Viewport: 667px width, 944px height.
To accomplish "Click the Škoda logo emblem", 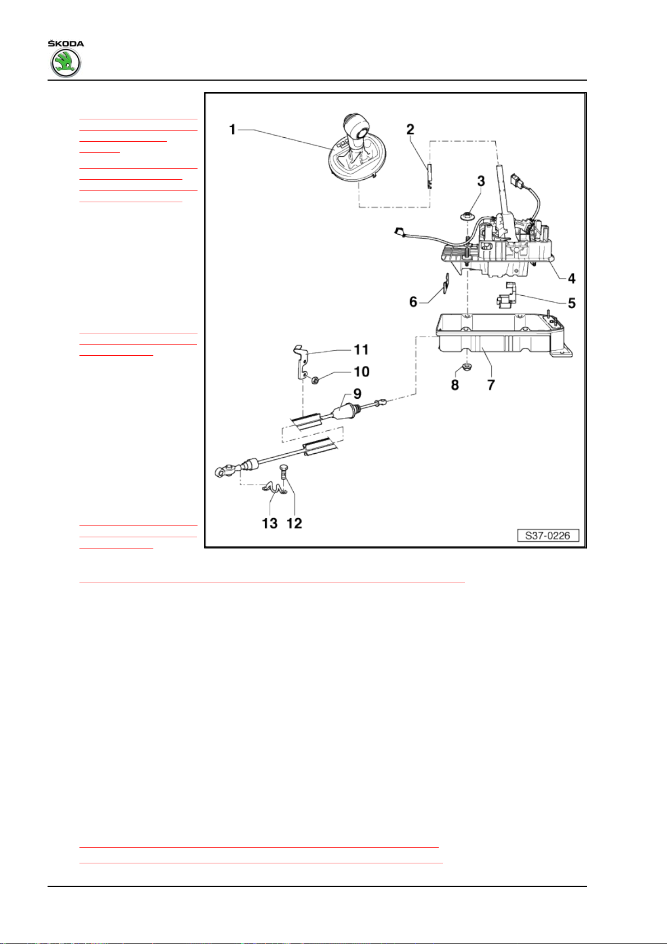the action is coord(66,63).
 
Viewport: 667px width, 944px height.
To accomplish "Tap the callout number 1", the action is coord(232,130).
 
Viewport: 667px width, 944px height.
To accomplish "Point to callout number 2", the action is coord(410,129).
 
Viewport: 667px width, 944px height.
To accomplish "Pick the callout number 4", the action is coord(571,278).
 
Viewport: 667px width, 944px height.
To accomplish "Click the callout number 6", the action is coord(413,302).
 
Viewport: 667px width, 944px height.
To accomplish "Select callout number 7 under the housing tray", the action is coord(491,385).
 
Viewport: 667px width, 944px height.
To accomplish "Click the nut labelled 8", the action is coord(463,369).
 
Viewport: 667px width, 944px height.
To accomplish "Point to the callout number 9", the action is coord(357,394).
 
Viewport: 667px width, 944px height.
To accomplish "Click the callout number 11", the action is coord(361,350).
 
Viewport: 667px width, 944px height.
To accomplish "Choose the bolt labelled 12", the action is coord(283,476).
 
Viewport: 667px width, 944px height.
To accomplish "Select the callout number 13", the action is coord(270,523).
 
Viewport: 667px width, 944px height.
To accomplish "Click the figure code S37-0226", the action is coord(547,536).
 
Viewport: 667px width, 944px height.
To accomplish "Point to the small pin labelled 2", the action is coord(429,175).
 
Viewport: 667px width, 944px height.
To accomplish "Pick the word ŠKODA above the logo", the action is coord(65,44).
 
